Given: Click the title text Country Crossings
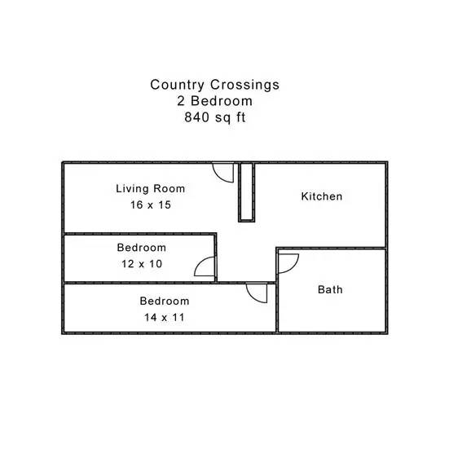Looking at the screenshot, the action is coord(215,85).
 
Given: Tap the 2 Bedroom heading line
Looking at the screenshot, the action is coord(215,101).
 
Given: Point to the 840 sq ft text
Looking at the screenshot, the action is coord(215,117).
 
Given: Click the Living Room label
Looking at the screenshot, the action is coord(150,189).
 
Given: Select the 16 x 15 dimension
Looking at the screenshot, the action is coord(151,205).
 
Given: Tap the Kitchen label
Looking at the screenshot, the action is coord(322,196).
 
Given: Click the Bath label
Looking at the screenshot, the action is coord(330,289).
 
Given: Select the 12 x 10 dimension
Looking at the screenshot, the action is coord(142,264).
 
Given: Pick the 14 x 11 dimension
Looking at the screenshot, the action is coord(165,317).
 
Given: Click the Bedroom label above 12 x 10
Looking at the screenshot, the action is coord(142,248).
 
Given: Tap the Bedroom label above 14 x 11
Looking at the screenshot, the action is coord(165,301).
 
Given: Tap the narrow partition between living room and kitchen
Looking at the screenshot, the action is coord(247,192).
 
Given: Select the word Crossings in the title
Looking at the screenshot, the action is coord(244,85).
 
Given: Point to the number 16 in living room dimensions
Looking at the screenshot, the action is coord(136,205).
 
